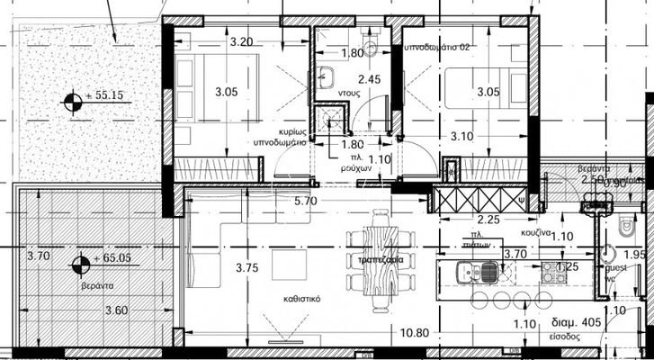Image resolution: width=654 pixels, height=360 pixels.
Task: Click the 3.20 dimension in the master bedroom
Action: coord(240,41)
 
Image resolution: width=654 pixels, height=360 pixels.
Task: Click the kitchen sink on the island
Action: coord(471,270)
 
